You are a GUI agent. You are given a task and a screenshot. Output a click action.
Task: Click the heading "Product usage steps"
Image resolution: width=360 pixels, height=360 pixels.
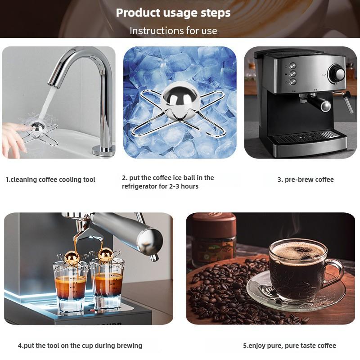pos(173,13)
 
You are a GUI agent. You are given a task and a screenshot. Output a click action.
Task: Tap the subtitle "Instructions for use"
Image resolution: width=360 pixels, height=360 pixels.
pos(173,31)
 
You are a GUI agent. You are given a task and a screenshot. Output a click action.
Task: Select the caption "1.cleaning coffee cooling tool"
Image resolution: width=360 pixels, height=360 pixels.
pos(50,180)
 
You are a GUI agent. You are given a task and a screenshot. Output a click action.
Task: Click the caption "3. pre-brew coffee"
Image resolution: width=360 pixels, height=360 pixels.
pos(306,180)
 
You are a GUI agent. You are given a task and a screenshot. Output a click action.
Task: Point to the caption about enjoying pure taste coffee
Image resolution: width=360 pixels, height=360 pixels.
pos(289,346)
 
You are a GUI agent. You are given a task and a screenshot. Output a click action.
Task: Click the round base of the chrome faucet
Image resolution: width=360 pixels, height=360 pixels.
pos(103,150)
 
